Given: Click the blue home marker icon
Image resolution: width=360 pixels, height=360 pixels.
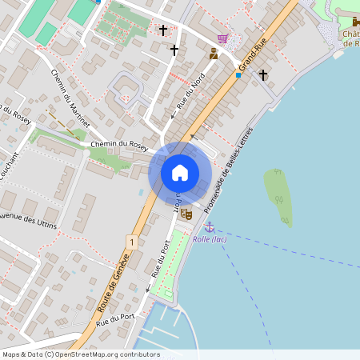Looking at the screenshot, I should (x=180, y=173).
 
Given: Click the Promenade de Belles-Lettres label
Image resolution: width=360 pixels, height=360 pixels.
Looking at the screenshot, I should (x=229, y=169).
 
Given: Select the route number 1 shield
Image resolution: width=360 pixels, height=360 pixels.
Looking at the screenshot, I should (x=130, y=241).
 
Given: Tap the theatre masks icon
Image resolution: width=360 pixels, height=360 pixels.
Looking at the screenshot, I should (x=186, y=214).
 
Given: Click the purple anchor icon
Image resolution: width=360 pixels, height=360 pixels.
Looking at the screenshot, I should (x=210, y=227).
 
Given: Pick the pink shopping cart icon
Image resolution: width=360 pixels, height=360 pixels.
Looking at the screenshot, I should (x=222, y=38).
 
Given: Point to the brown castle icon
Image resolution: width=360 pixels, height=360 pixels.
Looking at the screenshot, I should (x=355, y=22).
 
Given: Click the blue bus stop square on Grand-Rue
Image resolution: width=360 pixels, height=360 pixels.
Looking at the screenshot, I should (x=238, y=75).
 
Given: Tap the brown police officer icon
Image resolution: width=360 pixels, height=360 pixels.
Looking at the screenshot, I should (x=214, y=54).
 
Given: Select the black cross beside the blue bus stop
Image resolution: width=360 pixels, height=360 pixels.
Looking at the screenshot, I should (x=263, y=75).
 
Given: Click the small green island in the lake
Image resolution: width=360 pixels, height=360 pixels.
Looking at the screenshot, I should (x=278, y=196).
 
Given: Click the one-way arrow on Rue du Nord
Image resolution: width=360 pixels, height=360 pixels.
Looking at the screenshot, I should (x=174, y=116).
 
